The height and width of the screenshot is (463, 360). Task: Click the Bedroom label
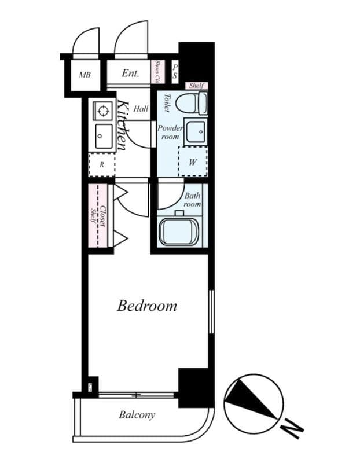tap(147, 305)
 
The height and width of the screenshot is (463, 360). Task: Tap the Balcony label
tap(137, 414)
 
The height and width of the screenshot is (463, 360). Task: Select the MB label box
tap(85, 75)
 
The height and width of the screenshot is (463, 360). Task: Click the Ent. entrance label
tap(130, 74)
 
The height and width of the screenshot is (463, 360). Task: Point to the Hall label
tap(141, 108)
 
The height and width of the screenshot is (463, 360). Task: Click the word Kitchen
tap(123, 126)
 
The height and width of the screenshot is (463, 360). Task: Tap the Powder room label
tap(170, 132)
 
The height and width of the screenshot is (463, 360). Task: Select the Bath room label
tap(192, 200)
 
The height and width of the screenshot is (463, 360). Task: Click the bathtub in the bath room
tap(178, 231)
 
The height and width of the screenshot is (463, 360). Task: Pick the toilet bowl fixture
tap(190, 104)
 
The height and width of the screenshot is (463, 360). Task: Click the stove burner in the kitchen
tap(103, 110)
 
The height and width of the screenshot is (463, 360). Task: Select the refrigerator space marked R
tap(102, 164)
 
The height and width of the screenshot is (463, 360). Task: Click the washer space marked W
tap(193, 163)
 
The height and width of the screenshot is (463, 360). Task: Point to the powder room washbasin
tap(195, 134)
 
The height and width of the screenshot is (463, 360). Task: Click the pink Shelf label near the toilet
tap(196, 86)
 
